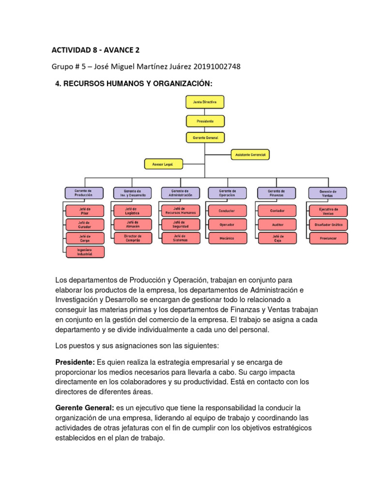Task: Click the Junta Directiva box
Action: click(205, 102)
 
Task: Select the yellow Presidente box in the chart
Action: click(205, 120)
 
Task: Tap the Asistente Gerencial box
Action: click(250, 155)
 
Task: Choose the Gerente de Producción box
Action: click(83, 193)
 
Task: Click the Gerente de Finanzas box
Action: click(276, 193)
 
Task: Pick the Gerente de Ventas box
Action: click(328, 193)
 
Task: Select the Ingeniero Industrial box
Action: click(85, 252)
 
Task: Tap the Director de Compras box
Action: click(132, 238)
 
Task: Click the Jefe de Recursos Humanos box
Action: click(181, 211)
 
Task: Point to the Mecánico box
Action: click(227, 238)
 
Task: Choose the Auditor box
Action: click(278, 225)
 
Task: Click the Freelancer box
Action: click(328, 238)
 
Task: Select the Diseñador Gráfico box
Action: click(328, 225)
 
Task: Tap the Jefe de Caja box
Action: click(278, 238)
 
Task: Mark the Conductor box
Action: click(227, 211)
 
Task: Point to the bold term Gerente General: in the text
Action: click(85, 408)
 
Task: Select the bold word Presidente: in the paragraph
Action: click(75, 362)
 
